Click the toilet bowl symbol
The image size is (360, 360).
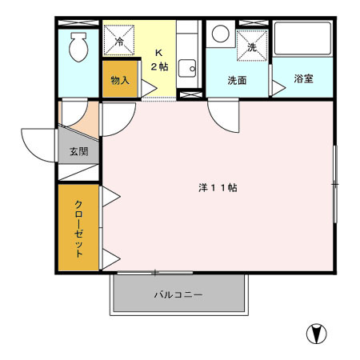tap(78, 46)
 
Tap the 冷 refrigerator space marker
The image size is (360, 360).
tap(119, 40)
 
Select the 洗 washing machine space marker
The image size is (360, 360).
tap(252, 46)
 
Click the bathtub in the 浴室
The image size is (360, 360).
tap(302, 38)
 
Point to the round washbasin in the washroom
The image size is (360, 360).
tap(221, 34)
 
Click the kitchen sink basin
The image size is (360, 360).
tap(187, 68)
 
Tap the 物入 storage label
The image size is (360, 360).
tap(120, 80)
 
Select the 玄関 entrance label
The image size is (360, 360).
tap(79, 151)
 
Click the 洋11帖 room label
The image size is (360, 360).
tap(218, 188)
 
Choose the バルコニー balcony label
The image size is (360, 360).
tap(178, 294)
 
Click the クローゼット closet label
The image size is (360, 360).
tap(78, 229)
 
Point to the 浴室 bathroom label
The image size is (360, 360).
tap(303, 78)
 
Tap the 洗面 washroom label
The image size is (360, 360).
tap(237, 80)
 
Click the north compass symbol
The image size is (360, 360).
tap(317, 334)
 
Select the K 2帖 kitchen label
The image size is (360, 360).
tap(159, 60)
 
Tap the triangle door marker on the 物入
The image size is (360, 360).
tap(149, 88)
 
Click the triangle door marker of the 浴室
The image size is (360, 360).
tap(278, 88)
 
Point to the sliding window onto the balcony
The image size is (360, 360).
tap(155, 273)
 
